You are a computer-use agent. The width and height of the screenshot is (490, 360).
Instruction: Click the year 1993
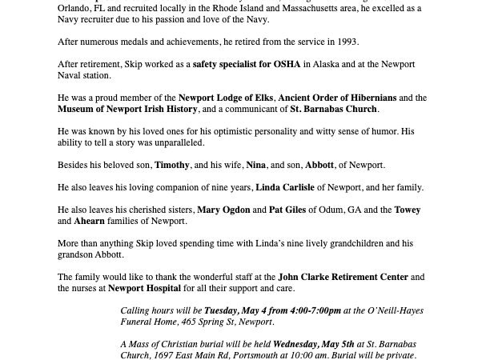(347, 42)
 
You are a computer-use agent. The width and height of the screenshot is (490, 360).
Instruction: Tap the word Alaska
(327, 64)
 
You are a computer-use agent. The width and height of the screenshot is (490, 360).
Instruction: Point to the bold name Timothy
(171, 165)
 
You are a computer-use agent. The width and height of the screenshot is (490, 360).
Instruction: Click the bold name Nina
(256, 165)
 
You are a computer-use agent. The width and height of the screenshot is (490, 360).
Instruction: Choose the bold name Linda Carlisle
(284, 187)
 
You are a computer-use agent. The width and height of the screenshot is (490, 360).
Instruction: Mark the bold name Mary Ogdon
(223, 210)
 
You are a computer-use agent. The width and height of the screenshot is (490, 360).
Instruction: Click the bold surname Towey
(408, 210)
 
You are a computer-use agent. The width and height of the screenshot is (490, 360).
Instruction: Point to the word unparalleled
(178, 142)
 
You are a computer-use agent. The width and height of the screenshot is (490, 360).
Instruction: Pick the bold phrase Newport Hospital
(144, 288)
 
